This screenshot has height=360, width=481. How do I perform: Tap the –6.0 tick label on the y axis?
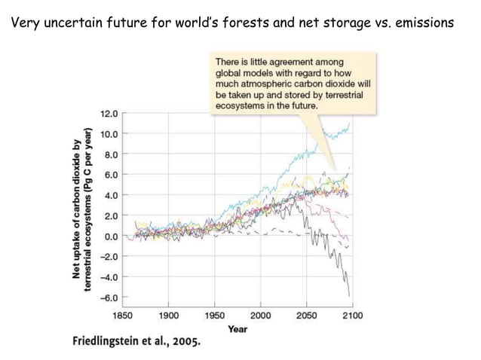point(109,297)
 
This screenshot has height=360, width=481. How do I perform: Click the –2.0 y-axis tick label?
point(109,257)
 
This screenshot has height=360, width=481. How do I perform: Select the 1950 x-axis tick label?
point(215,316)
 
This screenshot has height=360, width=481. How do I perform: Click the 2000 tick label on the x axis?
point(261,316)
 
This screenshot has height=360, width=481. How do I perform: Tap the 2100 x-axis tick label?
point(351,316)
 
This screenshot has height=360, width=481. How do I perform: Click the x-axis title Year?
point(237,328)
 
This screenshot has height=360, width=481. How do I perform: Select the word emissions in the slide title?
point(421,23)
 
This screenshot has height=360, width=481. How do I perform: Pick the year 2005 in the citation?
point(185,341)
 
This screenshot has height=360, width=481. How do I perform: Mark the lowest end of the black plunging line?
point(350,296)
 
